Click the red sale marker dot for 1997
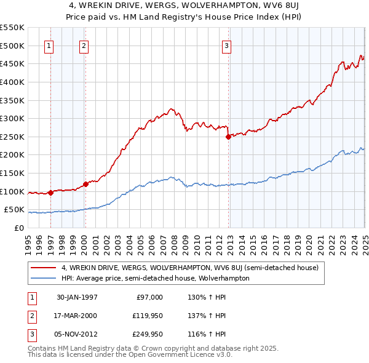[50, 193]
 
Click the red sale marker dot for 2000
[85, 184]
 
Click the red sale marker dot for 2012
[228, 137]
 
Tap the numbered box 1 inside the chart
[49, 44]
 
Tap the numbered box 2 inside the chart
[84, 44]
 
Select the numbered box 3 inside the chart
[226, 44]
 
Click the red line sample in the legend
[43, 268]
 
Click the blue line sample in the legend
[43, 278]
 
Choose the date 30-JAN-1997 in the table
[77, 297]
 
